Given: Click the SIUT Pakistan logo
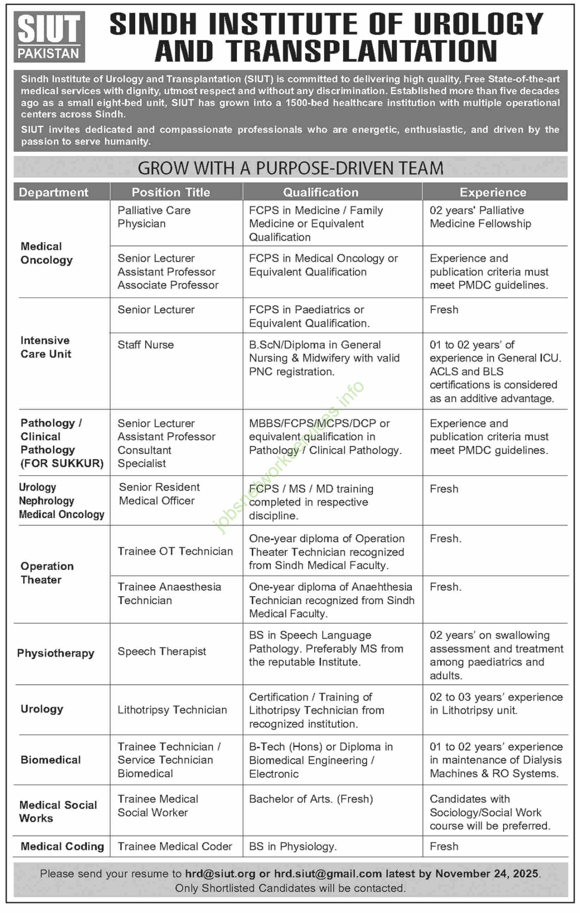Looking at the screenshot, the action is click(49, 37).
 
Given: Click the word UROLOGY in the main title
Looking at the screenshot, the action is click(479, 24).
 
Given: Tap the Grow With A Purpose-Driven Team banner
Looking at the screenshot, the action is click(290, 168).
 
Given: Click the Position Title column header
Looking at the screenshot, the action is click(171, 192).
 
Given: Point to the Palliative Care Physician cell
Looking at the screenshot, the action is click(154, 217).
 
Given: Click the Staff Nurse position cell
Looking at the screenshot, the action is click(146, 345).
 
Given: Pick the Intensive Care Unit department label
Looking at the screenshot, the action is click(46, 347).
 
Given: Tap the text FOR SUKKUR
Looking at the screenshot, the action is click(62, 463).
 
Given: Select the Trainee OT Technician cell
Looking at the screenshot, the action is click(175, 551).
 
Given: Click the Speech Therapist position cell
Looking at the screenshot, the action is click(161, 651).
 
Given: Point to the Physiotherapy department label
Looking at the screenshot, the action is click(56, 653).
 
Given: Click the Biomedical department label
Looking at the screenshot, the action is click(51, 760).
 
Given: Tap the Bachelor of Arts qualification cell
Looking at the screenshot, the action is click(311, 799).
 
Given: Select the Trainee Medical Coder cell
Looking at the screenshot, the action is click(174, 847).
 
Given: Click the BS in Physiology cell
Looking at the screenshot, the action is click(292, 847).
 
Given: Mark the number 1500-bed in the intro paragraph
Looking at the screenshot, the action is click(307, 103).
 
